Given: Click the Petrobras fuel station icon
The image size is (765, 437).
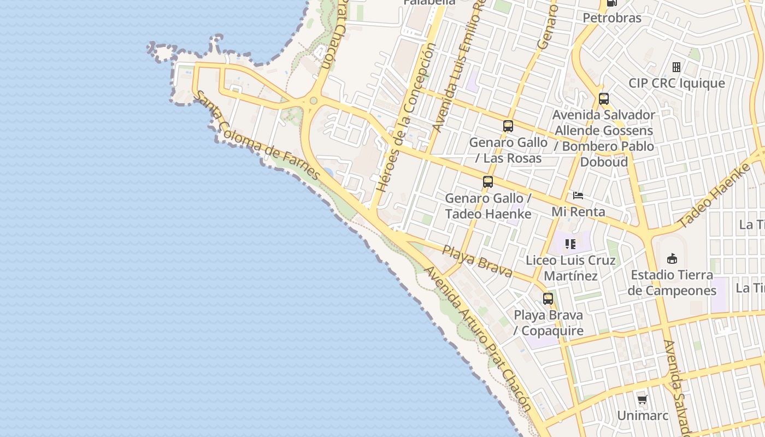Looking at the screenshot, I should tap(611, 3).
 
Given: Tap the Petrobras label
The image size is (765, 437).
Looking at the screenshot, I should tap(612, 18).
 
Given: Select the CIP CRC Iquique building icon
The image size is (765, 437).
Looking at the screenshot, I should tap(676, 67).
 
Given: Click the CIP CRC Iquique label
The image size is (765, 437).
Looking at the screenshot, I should tap(676, 83).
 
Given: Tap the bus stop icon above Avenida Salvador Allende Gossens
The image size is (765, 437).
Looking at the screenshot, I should tap(604, 99).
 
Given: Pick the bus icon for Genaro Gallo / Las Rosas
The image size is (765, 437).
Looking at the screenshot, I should tap(508, 126).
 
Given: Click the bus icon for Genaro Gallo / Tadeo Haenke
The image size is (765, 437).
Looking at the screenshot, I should tap(488, 182).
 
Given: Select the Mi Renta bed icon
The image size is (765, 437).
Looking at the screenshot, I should tap(578, 196).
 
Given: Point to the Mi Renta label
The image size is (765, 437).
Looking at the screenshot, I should tap(578, 211).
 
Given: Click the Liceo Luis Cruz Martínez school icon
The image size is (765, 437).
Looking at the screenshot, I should tap(570, 244).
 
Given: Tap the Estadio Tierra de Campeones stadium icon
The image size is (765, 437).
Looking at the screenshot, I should tap(672, 258).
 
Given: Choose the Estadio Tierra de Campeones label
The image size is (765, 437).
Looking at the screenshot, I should tap(672, 282).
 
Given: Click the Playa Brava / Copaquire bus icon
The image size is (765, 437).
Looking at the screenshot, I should tap(548, 299).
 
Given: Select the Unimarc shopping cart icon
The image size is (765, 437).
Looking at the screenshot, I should tap(643, 400).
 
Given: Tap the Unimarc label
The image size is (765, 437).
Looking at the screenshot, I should tap(643, 416).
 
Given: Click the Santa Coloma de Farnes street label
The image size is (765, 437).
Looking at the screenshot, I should tap(257, 135).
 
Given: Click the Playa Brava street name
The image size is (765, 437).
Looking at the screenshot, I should tap(477, 261).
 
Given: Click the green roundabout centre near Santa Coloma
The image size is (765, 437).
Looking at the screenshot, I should tap(313, 101).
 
